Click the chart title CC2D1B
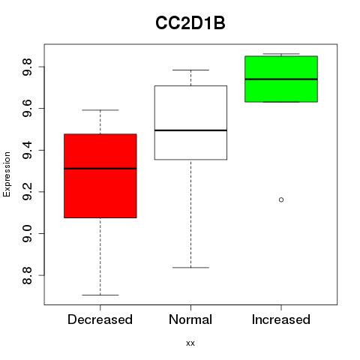[190, 23]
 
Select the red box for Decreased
[100, 175]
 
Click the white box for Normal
[190, 122]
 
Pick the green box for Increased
[281, 79]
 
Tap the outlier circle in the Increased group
[281, 199]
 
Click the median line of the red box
[100, 169]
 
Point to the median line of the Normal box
[190, 130]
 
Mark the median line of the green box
[281, 79]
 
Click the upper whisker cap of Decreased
[100, 109]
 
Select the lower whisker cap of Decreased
[100, 295]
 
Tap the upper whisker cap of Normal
[190, 70]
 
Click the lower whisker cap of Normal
[190, 268]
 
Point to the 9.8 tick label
[27, 67]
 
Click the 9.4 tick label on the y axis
[27, 150]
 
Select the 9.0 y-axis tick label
[27, 233]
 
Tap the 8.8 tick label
[27, 275]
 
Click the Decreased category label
[100, 319]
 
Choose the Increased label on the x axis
[281, 319]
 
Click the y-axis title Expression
[7, 174]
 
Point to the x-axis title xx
[190, 343]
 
